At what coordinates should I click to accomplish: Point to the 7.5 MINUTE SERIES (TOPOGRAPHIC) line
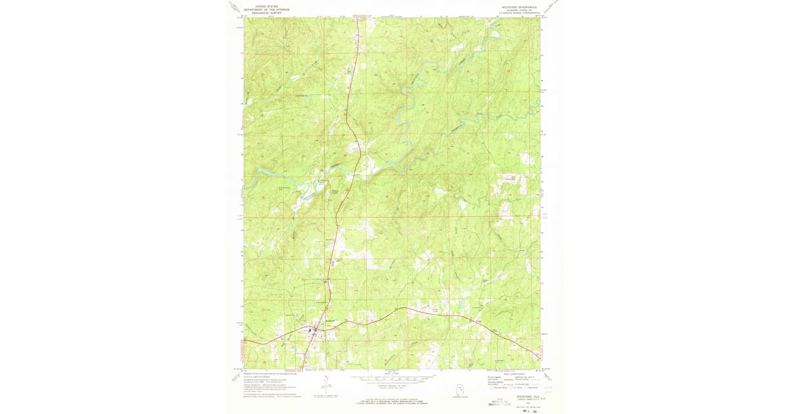point(519,13)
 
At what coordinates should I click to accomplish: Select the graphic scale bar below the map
point(393,379)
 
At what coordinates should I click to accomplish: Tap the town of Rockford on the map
point(314,332)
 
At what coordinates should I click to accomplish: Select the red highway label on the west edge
point(239,341)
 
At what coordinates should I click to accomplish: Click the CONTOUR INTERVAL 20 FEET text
point(393,384)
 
